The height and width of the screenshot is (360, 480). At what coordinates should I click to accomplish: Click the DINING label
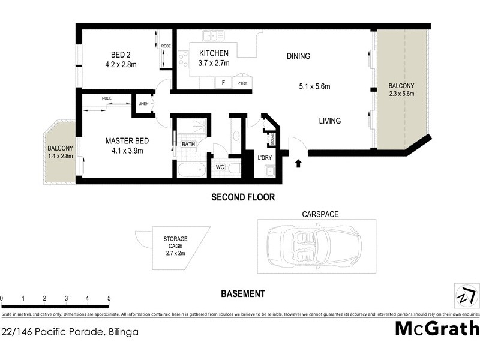click(298, 56)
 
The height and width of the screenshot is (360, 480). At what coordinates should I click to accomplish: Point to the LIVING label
click(329, 121)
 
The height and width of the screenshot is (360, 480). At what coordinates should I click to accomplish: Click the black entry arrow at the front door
click(299, 161)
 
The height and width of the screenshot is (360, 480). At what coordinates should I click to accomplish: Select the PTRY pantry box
click(242, 83)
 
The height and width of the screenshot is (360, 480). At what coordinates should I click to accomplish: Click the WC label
click(220, 167)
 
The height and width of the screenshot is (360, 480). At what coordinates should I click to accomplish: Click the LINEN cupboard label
click(143, 104)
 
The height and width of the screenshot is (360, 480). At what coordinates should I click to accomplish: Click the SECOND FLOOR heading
click(242, 197)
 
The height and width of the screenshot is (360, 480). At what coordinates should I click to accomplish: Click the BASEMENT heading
click(242, 293)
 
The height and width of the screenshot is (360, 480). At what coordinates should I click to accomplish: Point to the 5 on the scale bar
click(109, 298)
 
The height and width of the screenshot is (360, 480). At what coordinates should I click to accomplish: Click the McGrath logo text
click(437, 328)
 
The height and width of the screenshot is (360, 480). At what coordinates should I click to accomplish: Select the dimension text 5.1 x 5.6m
click(315, 86)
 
